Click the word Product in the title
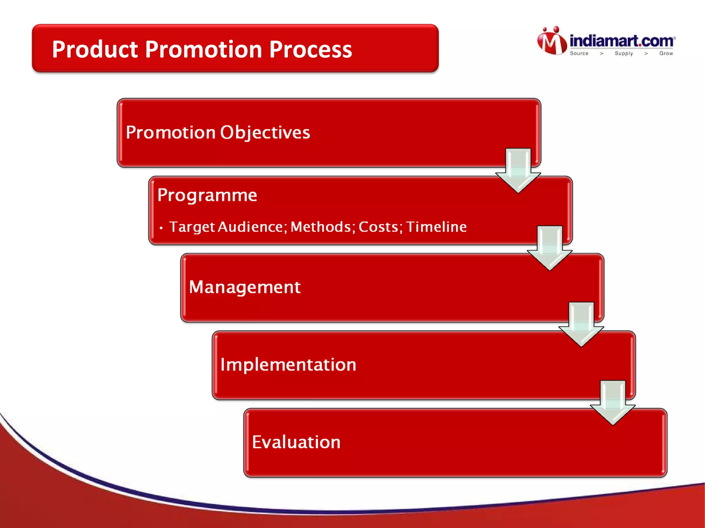pos(95,50)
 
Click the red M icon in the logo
pos(552,42)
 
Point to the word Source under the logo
pos(579,53)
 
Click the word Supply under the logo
pos(624,53)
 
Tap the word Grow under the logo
pos(666,53)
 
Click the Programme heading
pos(207,195)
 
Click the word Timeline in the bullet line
pos(436,227)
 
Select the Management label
pos(245,287)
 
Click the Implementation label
pos(288,365)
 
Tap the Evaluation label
pos(296,442)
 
